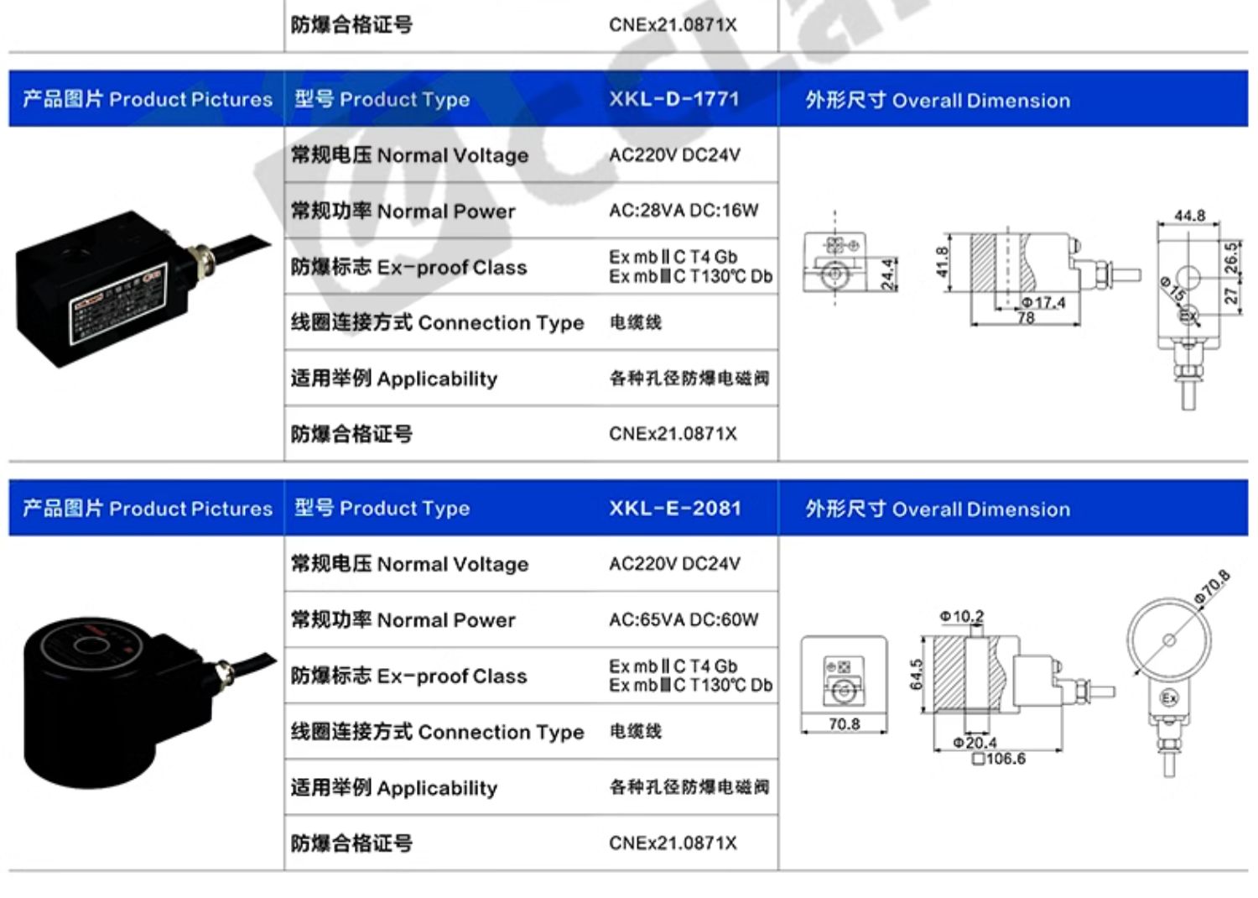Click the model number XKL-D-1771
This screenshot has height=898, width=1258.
(x=673, y=99)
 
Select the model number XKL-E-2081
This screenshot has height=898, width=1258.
(x=674, y=508)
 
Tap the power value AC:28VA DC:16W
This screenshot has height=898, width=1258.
(x=683, y=211)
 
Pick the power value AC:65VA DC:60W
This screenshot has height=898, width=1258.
(x=683, y=619)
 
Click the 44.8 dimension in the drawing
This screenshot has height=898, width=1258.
(x=1189, y=216)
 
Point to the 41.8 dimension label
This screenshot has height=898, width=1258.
(x=942, y=262)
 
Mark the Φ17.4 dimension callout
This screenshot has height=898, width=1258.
(x=1043, y=302)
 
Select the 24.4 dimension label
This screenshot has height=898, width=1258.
(x=887, y=274)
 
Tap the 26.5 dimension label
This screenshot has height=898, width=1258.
(x=1230, y=258)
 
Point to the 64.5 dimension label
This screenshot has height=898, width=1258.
(x=917, y=675)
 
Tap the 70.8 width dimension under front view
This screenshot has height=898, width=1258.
(x=844, y=723)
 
